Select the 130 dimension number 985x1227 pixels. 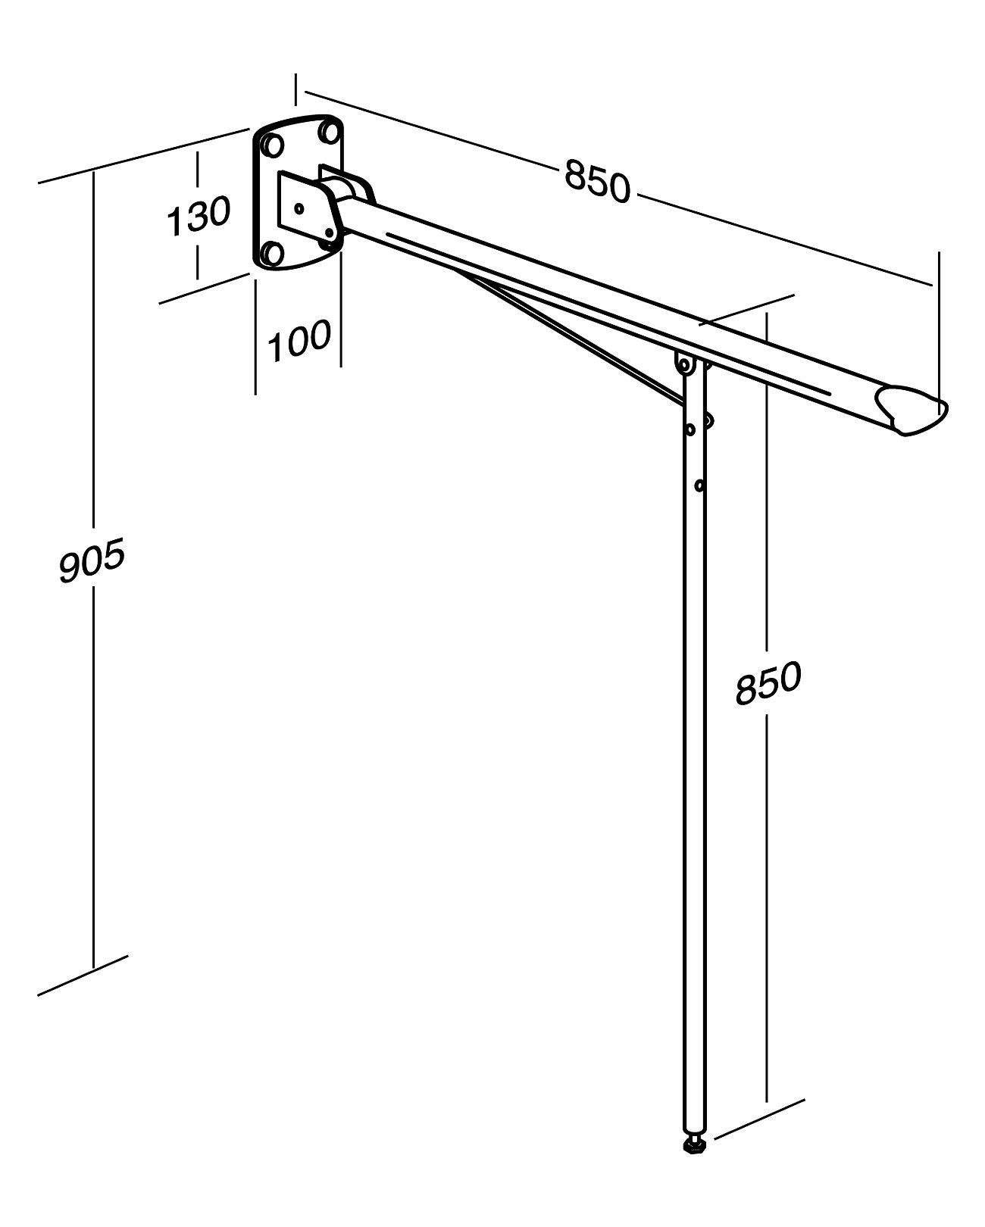[198, 216]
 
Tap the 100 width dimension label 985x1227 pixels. [300, 342]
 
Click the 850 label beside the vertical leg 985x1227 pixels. [768, 682]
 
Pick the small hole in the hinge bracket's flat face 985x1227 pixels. [299, 207]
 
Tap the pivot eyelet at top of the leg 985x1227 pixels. [685, 365]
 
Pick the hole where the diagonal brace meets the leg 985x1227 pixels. [689, 429]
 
